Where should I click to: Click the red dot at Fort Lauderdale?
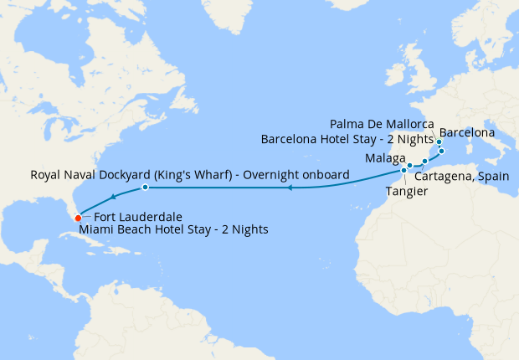pos(78,219)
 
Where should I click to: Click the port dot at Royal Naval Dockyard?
pos(145,187)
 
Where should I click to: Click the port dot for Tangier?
pos(404,170)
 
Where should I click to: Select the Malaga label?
pos(385,158)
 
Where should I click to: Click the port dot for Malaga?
pos(410,166)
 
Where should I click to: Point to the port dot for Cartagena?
pos(425,161)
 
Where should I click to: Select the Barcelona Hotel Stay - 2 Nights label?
pos(347,139)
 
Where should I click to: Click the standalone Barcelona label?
pos(467,132)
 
